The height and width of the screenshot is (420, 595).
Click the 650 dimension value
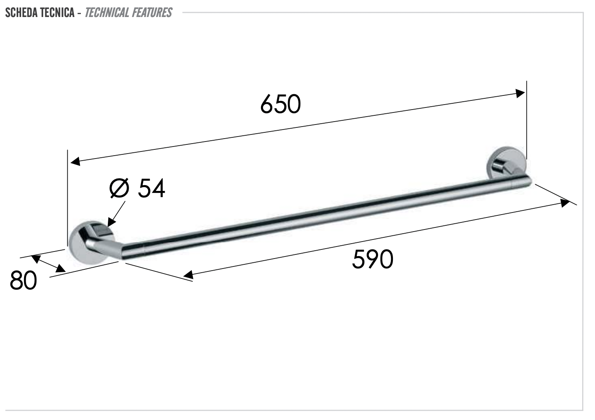coord(280,104)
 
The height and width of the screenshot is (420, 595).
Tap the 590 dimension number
coord(373,259)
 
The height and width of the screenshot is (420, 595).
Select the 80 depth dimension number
coord(23,280)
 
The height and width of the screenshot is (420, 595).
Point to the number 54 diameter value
coord(151,188)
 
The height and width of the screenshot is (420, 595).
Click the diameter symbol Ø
coord(119,188)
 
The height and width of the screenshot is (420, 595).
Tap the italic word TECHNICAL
coord(106,12)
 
